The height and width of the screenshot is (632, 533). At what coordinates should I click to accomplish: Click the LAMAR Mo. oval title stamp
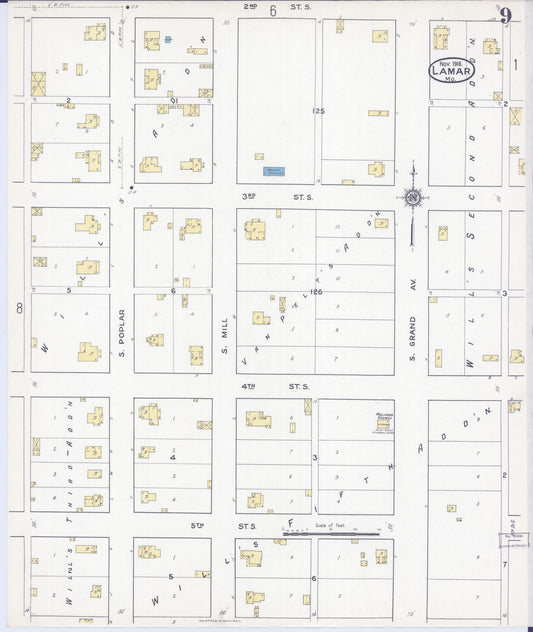(x=452, y=70)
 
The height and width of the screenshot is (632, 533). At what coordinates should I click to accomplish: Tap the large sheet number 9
(x=507, y=16)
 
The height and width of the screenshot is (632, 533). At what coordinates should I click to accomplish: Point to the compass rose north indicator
(x=412, y=198)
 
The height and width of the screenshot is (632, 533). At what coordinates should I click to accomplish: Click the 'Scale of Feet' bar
(x=331, y=533)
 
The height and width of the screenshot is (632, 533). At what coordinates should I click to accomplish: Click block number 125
(x=318, y=110)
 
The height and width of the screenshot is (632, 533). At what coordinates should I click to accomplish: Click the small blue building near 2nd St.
(x=168, y=40)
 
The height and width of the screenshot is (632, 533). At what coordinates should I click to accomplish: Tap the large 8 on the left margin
(x=19, y=309)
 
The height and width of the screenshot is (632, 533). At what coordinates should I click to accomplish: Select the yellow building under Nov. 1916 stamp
(x=440, y=39)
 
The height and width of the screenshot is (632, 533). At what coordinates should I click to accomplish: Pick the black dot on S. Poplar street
(x=132, y=187)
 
